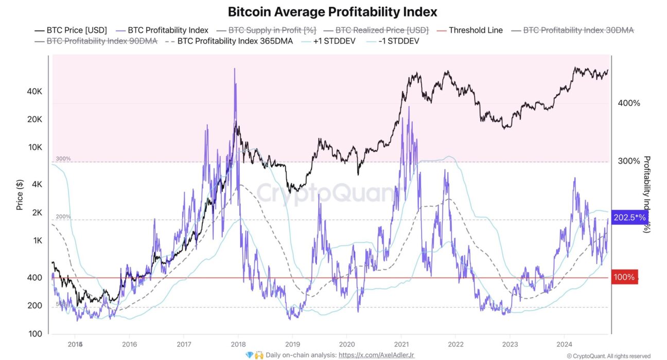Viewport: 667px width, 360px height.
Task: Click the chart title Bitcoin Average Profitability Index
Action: [x=332, y=11]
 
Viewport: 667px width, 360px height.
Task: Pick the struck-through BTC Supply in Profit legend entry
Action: [x=272, y=30]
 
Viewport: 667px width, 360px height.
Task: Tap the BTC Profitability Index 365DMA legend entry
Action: [x=235, y=41]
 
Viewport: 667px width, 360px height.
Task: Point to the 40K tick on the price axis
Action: [x=34, y=92]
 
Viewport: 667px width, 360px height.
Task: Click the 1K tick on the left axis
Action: [x=38, y=241]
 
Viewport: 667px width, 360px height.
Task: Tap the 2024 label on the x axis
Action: [x=565, y=344]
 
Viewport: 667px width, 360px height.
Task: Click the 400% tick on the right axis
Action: [x=628, y=103]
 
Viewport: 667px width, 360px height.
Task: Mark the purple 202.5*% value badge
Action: [x=629, y=218]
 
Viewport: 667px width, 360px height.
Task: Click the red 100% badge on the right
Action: [x=624, y=278]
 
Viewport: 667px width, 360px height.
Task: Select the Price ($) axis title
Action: [x=20, y=194]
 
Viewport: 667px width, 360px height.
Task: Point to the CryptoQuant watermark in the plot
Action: [x=326, y=194]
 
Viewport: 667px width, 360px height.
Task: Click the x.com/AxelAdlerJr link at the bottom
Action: [x=376, y=355]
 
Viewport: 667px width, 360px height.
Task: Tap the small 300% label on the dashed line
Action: [x=63, y=158]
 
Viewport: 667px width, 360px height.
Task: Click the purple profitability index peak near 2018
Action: [x=235, y=69]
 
